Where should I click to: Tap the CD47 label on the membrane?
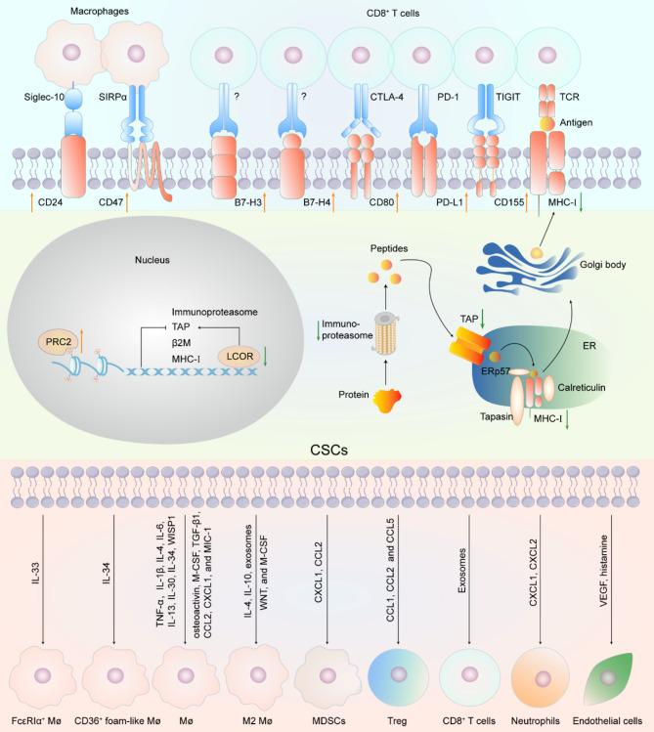tap(112, 203)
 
